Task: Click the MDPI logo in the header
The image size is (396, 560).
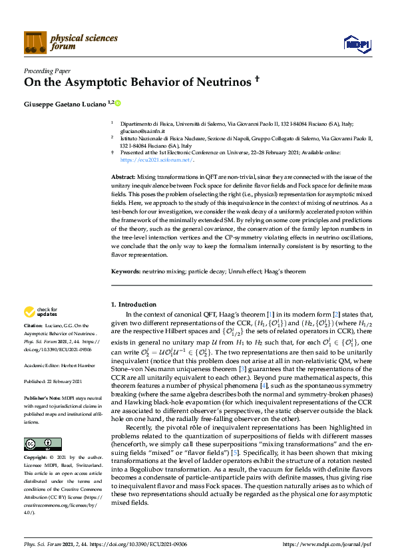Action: [x=356, y=44]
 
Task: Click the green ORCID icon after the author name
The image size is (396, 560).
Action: [x=118, y=104]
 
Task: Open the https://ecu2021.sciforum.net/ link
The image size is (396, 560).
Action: [x=157, y=160]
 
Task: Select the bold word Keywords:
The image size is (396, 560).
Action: [x=125, y=272]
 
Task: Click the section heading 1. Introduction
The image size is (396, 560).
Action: [x=136, y=304]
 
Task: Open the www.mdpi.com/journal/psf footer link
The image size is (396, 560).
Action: [x=325, y=545]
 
